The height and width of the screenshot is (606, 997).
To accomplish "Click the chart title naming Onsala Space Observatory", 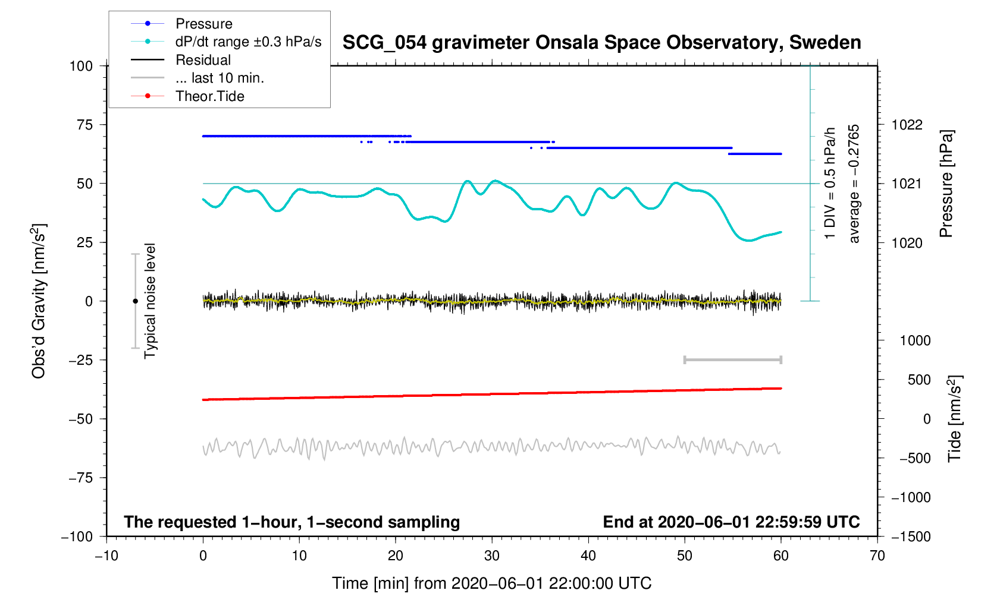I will point(601,43).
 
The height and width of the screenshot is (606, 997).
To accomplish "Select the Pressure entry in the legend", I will point(203,24).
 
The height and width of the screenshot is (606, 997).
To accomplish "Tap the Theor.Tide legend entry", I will point(209,96).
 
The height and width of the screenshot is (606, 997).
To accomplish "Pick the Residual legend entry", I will point(203,60).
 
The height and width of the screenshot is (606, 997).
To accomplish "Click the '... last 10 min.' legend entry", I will point(220,78).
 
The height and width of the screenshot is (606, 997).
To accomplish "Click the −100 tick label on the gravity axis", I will point(77,536).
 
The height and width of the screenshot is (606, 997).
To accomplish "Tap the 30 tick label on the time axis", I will point(492,555).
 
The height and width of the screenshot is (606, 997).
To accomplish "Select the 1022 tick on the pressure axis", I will point(907,125).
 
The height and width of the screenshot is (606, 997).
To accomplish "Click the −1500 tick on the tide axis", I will point(911,536).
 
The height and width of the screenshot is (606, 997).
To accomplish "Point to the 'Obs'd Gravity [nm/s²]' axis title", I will point(39,301).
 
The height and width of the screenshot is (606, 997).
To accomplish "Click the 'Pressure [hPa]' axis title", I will point(946,184).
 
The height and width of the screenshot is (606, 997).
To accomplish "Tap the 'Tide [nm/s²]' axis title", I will point(954,418).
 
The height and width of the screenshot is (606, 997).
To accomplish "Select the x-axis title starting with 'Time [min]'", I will point(492,583).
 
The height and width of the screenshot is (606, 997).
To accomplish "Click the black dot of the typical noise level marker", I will point(135,301).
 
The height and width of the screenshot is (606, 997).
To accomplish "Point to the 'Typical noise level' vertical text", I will point(150,301).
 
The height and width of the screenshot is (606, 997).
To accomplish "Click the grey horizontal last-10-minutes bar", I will point(733,359).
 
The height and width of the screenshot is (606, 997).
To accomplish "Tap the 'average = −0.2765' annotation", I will point(854,184).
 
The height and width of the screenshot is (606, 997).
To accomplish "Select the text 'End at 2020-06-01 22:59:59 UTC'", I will point(731,522).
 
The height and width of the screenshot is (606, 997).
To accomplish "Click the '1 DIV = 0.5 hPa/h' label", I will point(830,184).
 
